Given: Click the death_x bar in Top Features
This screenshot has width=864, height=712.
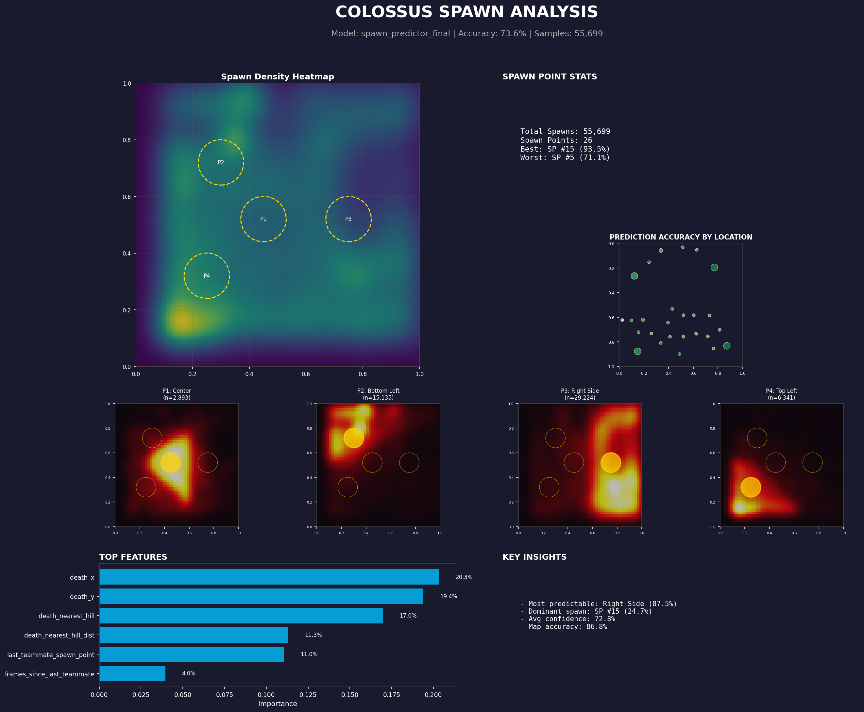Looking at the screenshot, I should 269,577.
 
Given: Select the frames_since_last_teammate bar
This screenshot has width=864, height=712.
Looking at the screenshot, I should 132,673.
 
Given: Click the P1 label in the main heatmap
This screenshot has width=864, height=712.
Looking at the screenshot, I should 263,219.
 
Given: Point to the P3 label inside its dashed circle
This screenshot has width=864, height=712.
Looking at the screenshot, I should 348,219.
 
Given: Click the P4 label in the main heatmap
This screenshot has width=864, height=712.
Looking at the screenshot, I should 207,275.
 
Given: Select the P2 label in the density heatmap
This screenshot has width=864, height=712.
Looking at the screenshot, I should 221,162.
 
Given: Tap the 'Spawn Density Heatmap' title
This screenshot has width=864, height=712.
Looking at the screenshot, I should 277,77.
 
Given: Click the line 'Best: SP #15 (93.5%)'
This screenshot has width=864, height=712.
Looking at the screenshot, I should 565,149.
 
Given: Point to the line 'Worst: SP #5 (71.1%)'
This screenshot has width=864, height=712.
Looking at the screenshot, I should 565,157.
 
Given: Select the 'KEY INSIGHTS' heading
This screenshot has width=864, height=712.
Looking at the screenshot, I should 534,557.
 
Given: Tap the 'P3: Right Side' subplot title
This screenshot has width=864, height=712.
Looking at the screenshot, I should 580,391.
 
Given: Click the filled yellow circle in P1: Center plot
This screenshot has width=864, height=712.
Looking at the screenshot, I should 170,463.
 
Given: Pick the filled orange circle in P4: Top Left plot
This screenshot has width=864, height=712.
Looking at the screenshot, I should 750,487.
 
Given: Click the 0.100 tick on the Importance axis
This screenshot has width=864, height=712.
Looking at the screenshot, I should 266,695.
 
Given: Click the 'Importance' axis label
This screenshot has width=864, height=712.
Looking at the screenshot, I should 277,704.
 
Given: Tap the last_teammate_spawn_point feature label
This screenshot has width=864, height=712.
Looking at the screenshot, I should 50,654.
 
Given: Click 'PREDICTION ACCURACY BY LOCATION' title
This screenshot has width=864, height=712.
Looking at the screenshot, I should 681,237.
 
